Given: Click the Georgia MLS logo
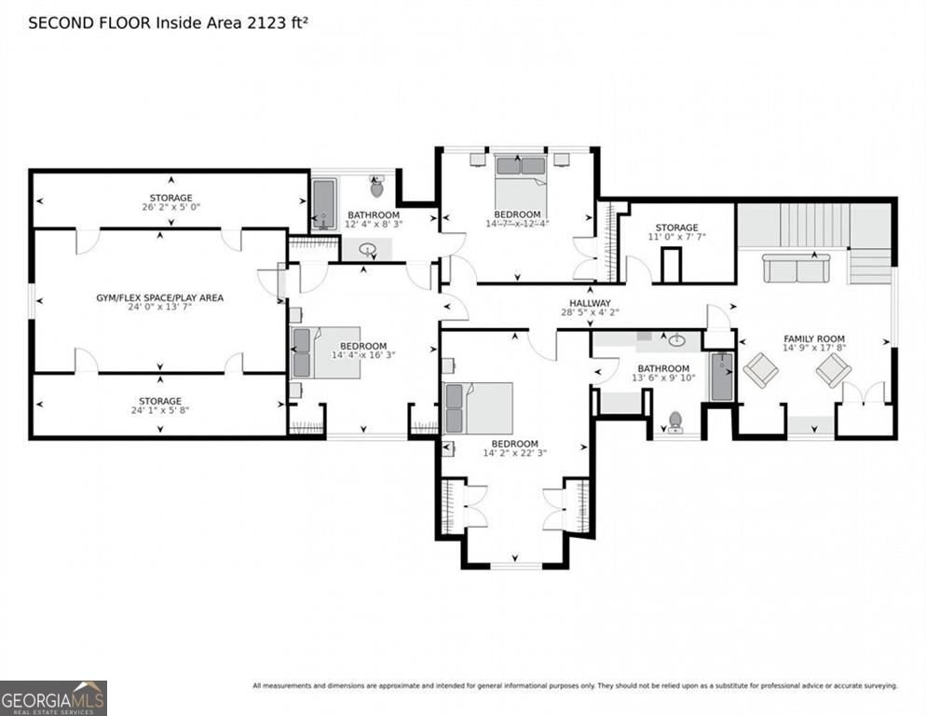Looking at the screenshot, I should [53, 697].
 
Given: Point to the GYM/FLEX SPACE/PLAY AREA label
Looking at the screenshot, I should [159, 298].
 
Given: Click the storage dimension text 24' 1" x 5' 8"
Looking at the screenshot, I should [159, 411].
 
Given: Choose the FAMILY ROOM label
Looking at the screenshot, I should [813, 338].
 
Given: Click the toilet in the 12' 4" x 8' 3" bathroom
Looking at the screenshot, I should [376, 187].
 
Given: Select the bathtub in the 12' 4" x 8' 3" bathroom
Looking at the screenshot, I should [324, 203].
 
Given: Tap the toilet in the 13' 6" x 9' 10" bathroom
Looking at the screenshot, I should [675, 422].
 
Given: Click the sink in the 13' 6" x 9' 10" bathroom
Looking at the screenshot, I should [676, 340].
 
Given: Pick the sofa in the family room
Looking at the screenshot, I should [797, 268].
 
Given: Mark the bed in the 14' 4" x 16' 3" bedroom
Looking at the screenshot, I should [324, 352].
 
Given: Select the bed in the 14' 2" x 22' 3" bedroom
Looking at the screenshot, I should [478, 408].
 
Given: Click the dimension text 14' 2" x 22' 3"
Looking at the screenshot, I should [514, 454].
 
